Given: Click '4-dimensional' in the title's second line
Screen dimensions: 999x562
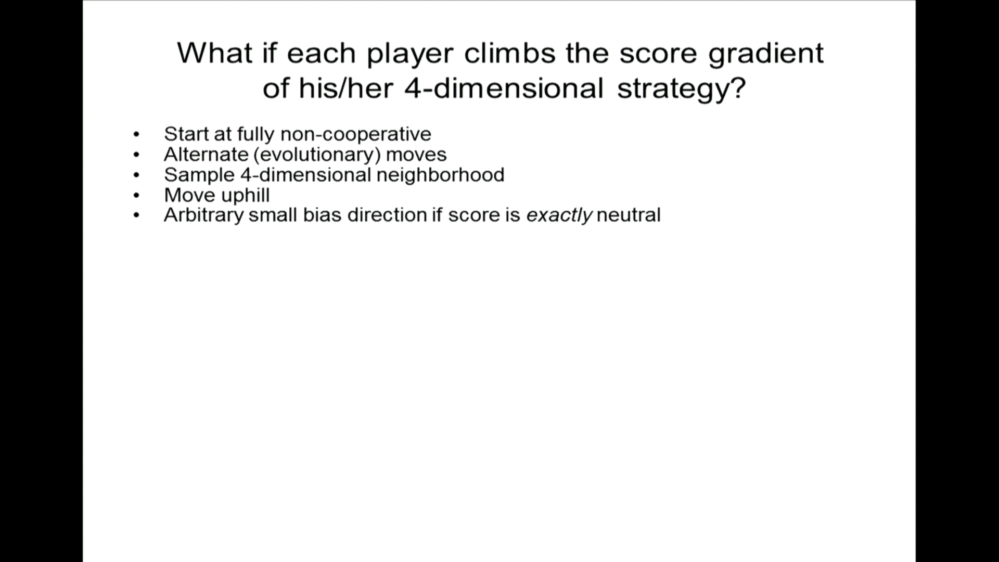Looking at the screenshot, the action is pyautogui.click(x=504, y=87).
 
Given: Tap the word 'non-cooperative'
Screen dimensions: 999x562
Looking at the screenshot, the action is pyautogui.click(x=356, y=135).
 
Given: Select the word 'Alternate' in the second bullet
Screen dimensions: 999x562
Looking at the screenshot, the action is pyautogui.click(x=206, y=154).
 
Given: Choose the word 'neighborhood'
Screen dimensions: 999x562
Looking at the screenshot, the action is pyautogui.click(x=440, y=175).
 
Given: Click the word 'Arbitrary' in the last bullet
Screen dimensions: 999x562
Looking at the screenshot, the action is pyautogui.click(x=204, y=215).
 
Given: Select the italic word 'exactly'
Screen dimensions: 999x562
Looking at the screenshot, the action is pyautogui.click(x=559, y=215).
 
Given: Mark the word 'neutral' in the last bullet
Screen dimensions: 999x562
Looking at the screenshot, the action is pyautogui.click(x=629, y=215).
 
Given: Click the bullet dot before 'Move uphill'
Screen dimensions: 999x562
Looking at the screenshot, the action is pyautogui.click(x=136, y=196).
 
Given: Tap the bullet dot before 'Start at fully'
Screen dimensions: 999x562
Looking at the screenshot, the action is pyautogui.click(x=136, y=134).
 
